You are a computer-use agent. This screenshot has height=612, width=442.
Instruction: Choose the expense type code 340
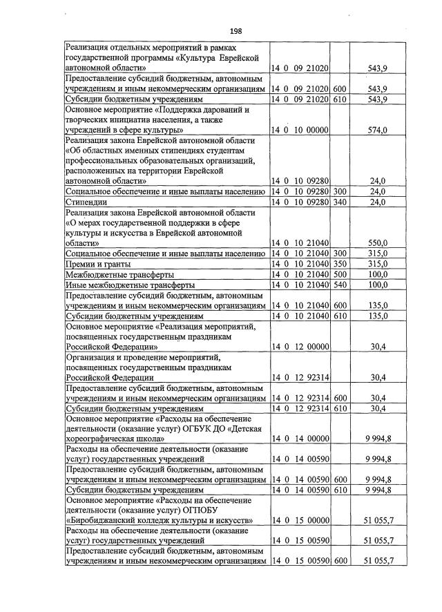[340, 202]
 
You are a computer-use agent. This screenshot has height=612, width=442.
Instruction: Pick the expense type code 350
[340, 264]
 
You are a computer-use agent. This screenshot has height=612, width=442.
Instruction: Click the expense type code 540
[340, 285]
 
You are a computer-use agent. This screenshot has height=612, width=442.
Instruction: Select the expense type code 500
[340, 274]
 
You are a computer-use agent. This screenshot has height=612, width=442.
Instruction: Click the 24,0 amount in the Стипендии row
[378, 202]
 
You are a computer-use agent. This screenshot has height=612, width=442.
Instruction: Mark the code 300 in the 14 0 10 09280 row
[340, 191]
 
